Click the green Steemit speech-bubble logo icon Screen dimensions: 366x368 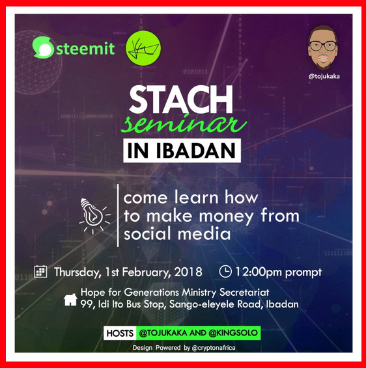pyautogui.click(x=43, y=47)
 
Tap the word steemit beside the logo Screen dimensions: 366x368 pyautogui.click(x=85, y=48)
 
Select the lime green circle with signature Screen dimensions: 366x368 pyautogui.click(x=143, y=48)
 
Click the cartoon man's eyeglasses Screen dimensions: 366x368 pyautogui.click(x=323, y=46)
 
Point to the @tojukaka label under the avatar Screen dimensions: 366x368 pyautogui.click(x=324, y=76)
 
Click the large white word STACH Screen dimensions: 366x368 pyautogui.click(x=181, y=99)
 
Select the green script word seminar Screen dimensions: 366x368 pyautogui.click(x=184, y=124)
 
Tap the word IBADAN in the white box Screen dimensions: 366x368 pyautogui.click(x=195, y=150)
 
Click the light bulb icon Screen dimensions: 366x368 pyautogui.click(x=94, y=216)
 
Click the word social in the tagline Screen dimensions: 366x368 pyautogui.click(x=147, y=234)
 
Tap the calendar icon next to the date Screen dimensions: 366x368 pyautogui.click(x=40, y=272)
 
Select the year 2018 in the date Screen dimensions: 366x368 pyautogui.click(x=188, y=272)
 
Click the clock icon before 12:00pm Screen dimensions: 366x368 pyautogui.click(x=225, y=271)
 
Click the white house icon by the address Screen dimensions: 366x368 pyautogui.click(x=70, y=300)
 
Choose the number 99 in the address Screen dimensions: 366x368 pyautogui.click(x=85, y=304)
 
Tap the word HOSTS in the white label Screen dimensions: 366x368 pyautogui.click(x=120, y=334)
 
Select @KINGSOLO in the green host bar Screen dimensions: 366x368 pyautogui.click(x=233, y=333)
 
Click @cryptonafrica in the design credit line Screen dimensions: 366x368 pyautogui.click(x=214, y=348)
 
